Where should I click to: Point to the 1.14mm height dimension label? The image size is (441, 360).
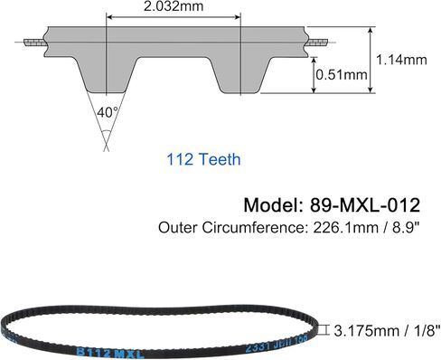[x=401, y=60]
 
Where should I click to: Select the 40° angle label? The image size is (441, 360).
[x=107, y=114]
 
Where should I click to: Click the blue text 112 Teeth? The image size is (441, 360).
[x=203, y=160]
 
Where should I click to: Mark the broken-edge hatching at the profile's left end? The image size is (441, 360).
[x=34, y=43]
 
